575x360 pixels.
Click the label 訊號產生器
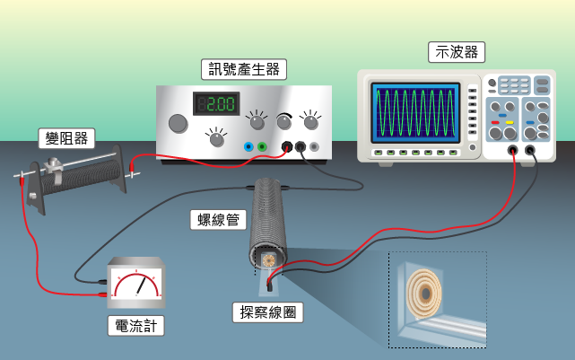click(x=244, y=69)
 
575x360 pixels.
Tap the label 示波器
click(x=457, y=52)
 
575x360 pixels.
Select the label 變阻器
click(x=66, y=138)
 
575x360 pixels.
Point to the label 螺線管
click(x=218, y=220)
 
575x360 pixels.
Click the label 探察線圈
click(x=268, y=312)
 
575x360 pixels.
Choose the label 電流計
click(x=136, y=326)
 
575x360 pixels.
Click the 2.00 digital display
click(x=216, y=103)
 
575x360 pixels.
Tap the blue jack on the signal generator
click(x=248, y=147)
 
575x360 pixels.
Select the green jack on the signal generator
click(x=262, y=147)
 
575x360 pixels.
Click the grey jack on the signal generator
click(x=314, y=147)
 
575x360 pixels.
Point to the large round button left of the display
click(x=178, y=123)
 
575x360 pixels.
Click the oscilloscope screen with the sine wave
click(x=415, y=112)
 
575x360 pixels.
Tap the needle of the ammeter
click(x=141, y=286)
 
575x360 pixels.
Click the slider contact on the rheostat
click(x=54, y=169)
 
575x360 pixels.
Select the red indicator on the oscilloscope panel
click(x=495, y=123)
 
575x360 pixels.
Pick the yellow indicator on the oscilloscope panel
click(x=510, y=123)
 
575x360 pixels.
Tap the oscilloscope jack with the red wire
click(x=513, y=150)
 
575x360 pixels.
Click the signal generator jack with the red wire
click(x=286, y=147)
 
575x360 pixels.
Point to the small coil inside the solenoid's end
click(x=269, y=260)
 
